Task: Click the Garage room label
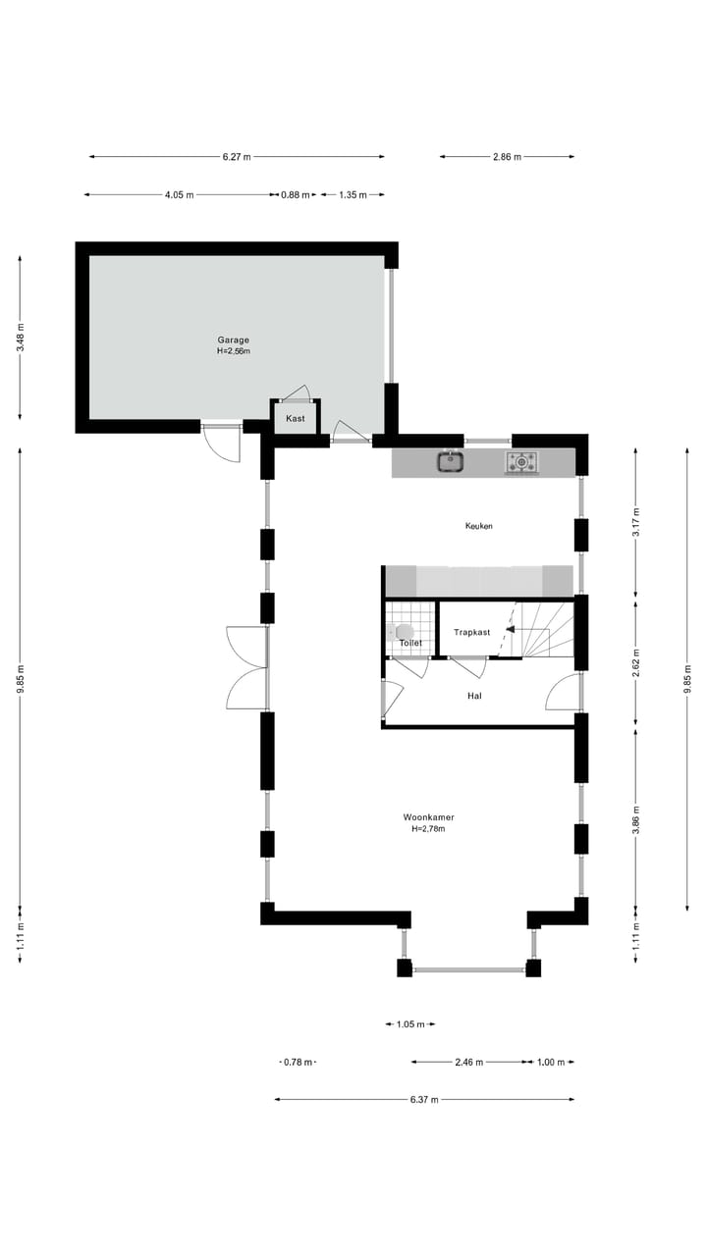[234, 340]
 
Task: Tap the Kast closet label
[295, 419]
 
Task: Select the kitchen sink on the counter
[451, 461]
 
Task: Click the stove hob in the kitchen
[521, 461]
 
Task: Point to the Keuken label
[478, 527]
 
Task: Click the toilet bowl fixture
[404, 631]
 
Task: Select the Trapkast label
[471, 633]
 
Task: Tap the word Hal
[474, 696]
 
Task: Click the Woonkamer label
[428, 817]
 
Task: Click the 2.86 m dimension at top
[507, 157]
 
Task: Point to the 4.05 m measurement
[179, 195]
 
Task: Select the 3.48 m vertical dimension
[21, 338]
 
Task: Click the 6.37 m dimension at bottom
[424, 1100]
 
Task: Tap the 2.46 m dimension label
[468, 1063]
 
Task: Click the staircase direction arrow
[511, 631]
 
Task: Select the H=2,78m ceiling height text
[428, 829]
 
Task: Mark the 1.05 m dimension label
[409, 1024]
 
